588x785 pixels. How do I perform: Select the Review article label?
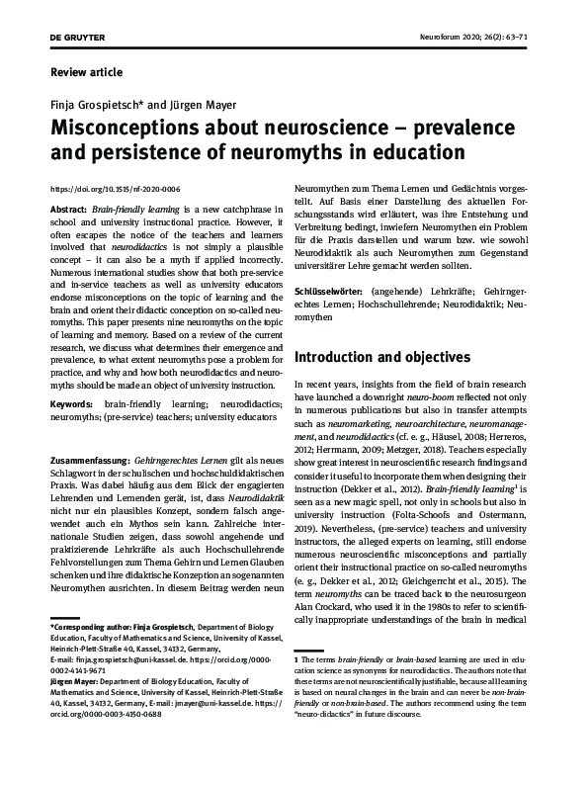pyautogui.click(x=86, y=72)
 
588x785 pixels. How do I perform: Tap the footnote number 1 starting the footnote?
pyautogui.click(x=297, y=657)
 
